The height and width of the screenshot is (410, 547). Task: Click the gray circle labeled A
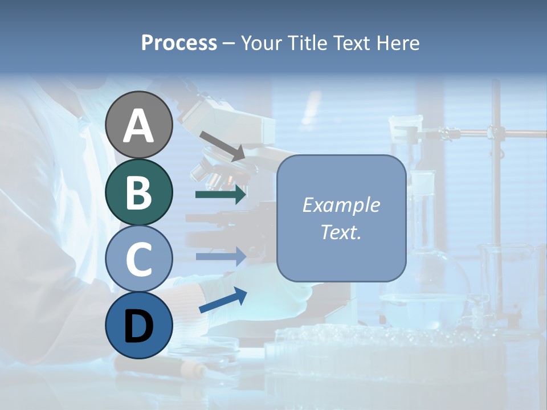139,125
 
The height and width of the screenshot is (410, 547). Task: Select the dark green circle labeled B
139,192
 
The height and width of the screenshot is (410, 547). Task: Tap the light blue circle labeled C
139,259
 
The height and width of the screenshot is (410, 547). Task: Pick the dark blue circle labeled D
139,325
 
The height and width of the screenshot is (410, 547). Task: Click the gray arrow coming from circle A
222,145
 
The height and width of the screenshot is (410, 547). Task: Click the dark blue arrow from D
223,301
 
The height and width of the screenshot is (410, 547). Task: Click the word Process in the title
179,43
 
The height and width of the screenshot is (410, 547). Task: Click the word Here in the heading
398,43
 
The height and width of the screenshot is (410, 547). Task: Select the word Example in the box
341,205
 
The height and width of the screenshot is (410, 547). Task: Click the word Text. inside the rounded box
341,232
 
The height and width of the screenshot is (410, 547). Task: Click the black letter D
139,326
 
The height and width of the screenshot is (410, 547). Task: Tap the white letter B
139,192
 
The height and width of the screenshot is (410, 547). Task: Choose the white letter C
139,259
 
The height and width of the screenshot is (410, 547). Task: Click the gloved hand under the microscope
273,290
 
